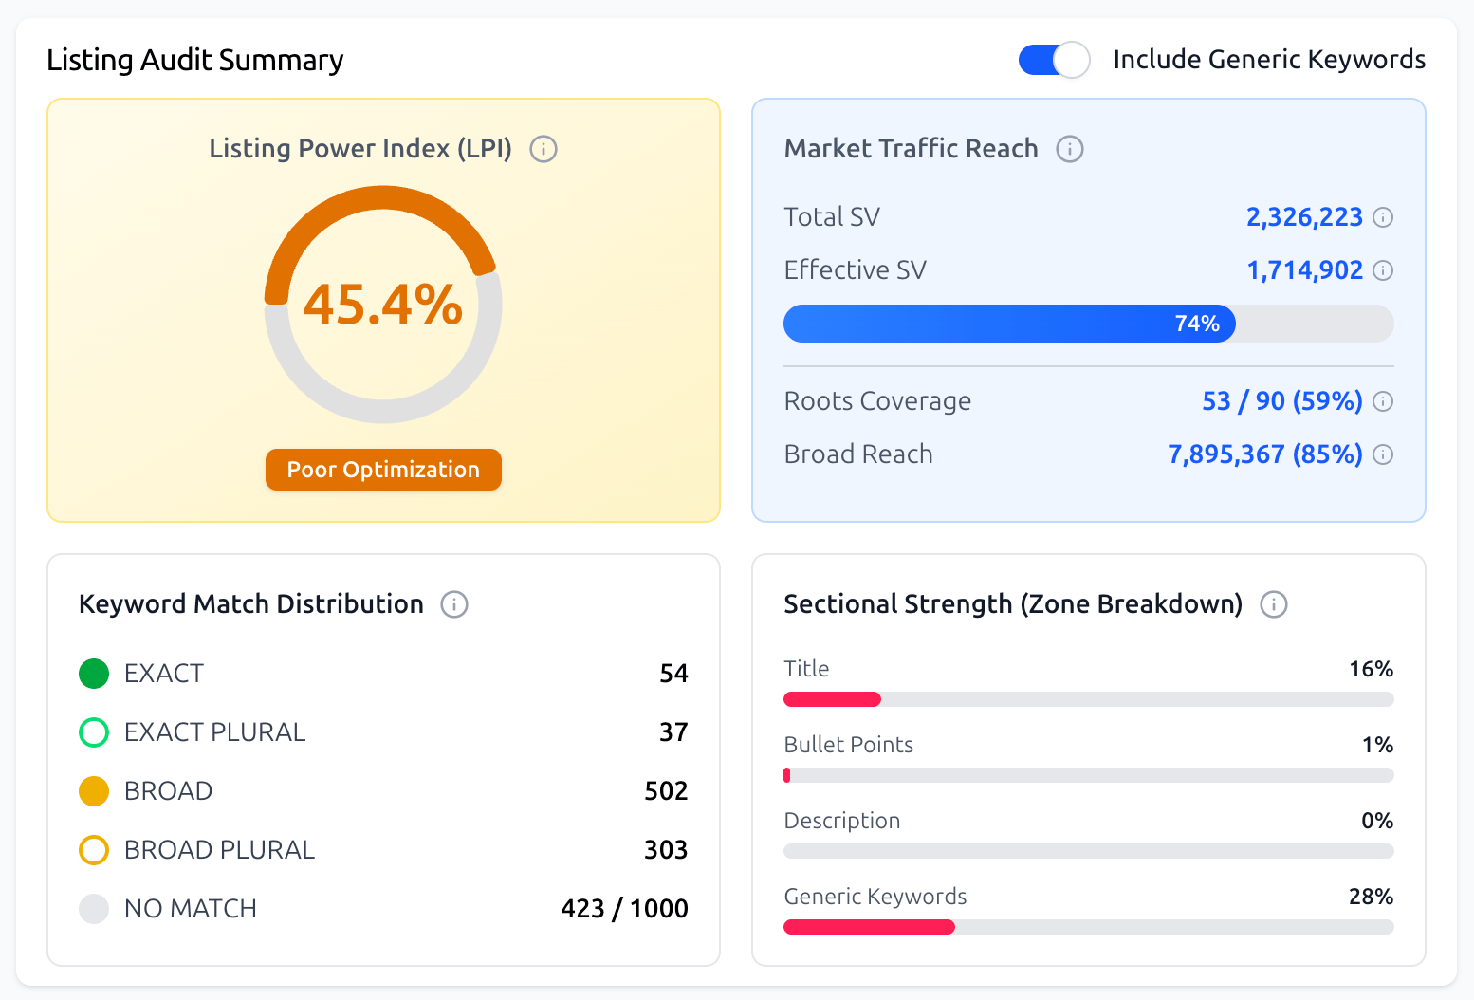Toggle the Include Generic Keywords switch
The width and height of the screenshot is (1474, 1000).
(1053, 60)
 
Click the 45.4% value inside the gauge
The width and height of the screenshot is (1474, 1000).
(383, 306)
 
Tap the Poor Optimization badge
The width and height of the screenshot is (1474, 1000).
(383, 470)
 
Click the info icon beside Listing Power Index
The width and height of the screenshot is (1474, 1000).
(544, 149)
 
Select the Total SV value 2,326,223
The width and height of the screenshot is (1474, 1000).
(1304, 217)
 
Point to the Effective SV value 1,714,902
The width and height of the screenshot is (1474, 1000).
(1304, 270)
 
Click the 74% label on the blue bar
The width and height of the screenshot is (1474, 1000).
(1197, 324)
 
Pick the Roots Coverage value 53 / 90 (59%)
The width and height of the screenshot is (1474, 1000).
(1282, 401)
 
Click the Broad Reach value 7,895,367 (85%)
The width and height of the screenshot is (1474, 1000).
(1265, 454)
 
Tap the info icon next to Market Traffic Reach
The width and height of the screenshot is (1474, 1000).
(1070, 149)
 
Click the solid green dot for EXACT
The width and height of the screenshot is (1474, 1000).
(94, 674)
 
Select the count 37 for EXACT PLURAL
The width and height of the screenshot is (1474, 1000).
(673, 732)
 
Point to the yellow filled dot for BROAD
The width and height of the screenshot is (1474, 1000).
(94, 791)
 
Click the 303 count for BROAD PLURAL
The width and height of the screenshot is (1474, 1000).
(666, 850)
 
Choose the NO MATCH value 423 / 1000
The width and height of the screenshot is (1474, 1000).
(624, 909)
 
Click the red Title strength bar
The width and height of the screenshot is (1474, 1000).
(832, 699)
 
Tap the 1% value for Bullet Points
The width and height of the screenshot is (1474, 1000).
(1377, 745)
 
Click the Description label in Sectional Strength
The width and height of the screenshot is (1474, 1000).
(842, 821)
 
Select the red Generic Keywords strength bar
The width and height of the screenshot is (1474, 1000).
(869, 927)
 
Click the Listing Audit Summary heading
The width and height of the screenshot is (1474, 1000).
(195, 60)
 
